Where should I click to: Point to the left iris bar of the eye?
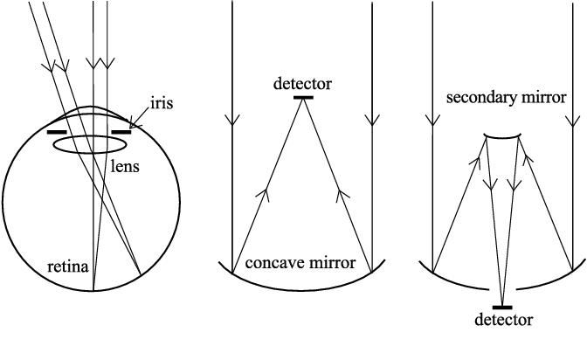(58, 133)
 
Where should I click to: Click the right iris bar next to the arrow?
(121, 133)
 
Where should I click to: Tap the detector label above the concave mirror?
(301, 85)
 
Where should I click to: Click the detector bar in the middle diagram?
(302, 98)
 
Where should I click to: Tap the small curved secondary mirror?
(502, 137)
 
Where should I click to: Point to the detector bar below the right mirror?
(502, 307)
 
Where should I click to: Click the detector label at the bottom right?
(501, 321)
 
